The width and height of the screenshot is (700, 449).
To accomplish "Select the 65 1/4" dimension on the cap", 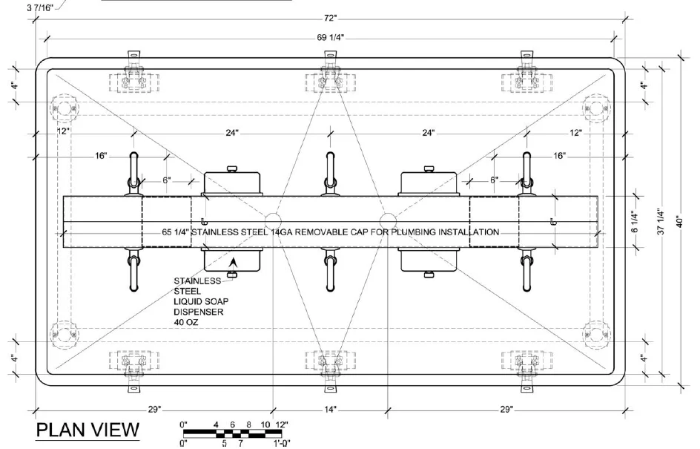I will click(x=176, y=232).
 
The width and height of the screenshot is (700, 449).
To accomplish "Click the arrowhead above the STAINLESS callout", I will click(x=234, y=262).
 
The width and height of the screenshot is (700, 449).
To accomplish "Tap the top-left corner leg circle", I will click(x=65, y=109).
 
